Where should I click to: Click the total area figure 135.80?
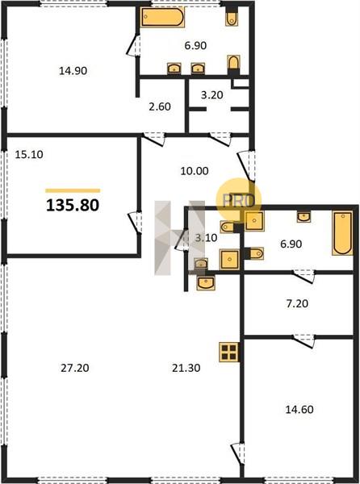[x=73, y=205]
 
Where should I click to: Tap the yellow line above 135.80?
[x=73, y=190]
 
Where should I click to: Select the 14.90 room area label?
[x=73, y=71]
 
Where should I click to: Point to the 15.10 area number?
[x=29, y=154]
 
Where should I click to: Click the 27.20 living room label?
[x=75, y=368]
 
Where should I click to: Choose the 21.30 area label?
[x=186, y=368]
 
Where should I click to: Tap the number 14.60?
[x=299, y=410]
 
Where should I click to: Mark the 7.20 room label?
[x=297, y=303]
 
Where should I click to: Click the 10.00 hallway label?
[x=195, y=171]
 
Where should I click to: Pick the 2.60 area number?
[x=160, y=106]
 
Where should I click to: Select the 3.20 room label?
[x=211, y=94]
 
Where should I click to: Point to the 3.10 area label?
[x=207, y=238]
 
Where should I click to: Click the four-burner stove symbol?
[x=228, y=352]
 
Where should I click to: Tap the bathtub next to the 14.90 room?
[x=162, y=17]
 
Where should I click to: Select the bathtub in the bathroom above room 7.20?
[x=342, y=233]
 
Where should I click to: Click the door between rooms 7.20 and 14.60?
[x=304, y=340]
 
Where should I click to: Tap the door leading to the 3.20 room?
[x=220, y=138]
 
